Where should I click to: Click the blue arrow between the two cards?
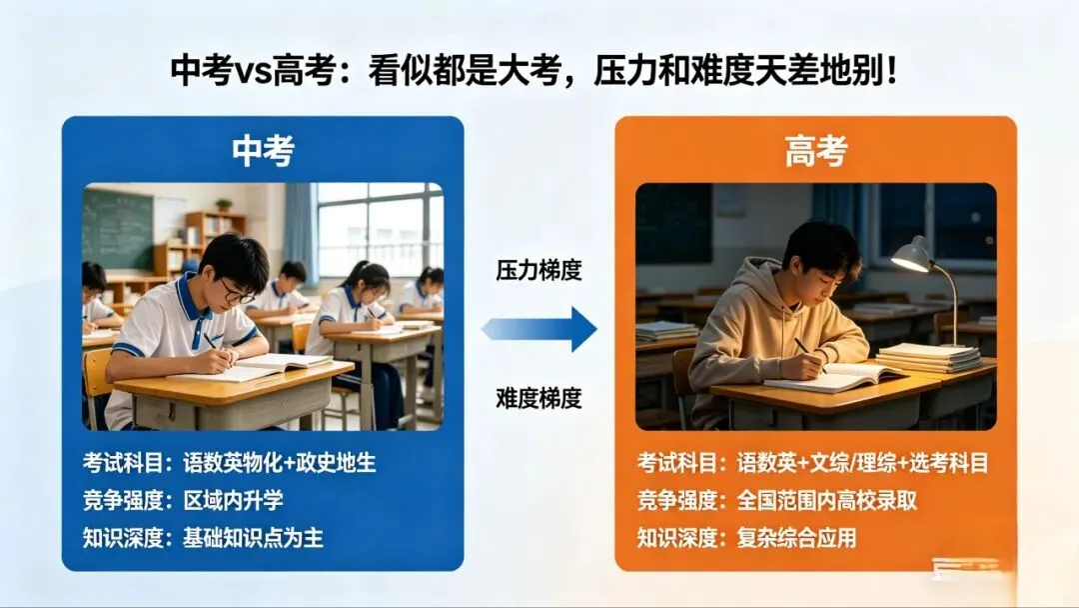[x=539, y=329]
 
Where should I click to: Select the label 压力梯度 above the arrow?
[x=539, y=270]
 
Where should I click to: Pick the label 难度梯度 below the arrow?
[x=539, y=397]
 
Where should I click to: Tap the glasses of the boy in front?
[x=236, y=292]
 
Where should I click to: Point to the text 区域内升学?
[x=233, y=500]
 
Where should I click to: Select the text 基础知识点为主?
[x=253, y=537]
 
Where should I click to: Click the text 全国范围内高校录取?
[x=827, y=500]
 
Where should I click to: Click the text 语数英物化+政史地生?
[x=279, y=463]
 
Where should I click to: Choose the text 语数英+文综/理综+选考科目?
[x=863, y=463]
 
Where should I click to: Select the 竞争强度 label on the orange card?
[x=677, y=500]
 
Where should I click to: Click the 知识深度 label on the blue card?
[x=123, y=537]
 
